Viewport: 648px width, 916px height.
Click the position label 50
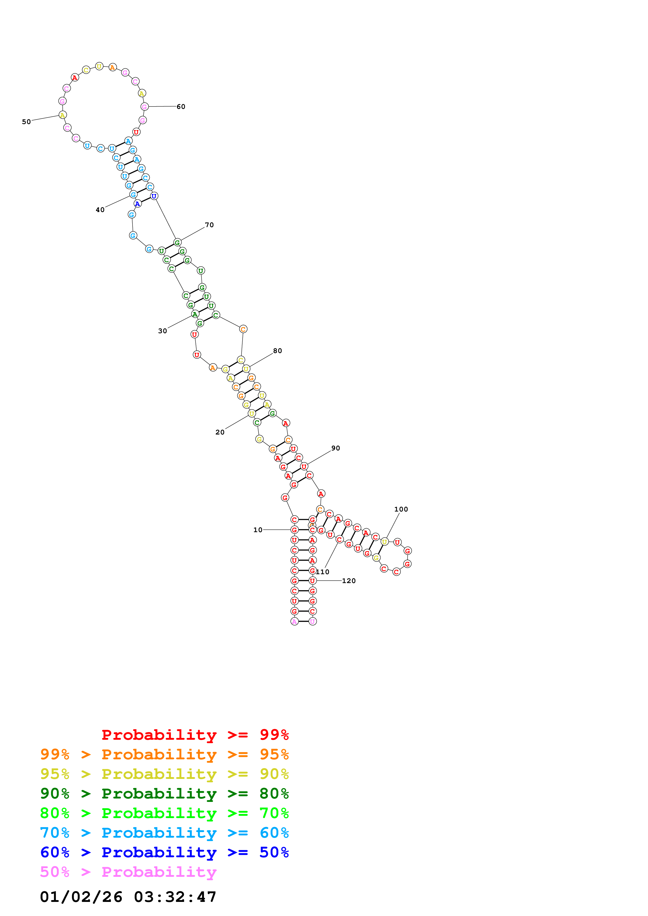coord(26,122)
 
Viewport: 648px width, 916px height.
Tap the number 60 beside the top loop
coord(181,107)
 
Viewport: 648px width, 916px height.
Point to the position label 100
coord(401,509)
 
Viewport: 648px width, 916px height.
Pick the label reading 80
coord(278,351)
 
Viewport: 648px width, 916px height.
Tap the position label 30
coord(163,331)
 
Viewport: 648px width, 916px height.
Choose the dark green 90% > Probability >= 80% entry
coord(164,794)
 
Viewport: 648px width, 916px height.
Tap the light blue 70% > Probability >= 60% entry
coord(164,833)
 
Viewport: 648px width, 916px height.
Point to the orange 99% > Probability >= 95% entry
coord(164,754)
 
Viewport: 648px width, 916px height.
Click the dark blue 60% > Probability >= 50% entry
coord(164,852)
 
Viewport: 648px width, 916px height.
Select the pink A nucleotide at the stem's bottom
coord(294,621)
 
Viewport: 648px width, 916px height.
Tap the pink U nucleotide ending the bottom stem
coord(313,621)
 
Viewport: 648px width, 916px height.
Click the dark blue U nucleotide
coord(154,196)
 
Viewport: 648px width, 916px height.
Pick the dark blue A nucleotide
coord(137,204)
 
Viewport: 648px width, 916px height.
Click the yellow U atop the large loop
coord(99,66)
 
